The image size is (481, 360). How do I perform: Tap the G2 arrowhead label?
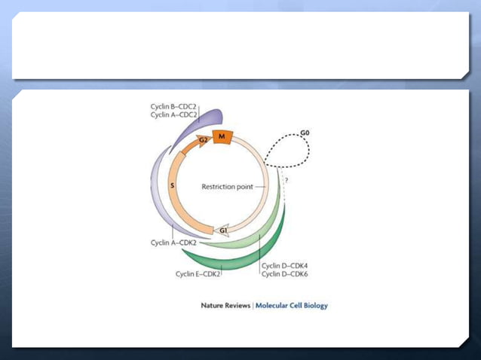click(203, 140)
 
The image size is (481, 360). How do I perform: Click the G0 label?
click(305, 133)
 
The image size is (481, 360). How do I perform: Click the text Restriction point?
click(226, 186)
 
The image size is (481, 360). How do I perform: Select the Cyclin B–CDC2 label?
click(173, 106)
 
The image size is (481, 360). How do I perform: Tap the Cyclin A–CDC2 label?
click(173, 114)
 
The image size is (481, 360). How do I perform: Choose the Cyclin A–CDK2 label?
click(173, 243)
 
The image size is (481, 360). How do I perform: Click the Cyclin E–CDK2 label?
click(198, 273)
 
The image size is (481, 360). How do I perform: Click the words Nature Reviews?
click(225, 306)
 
